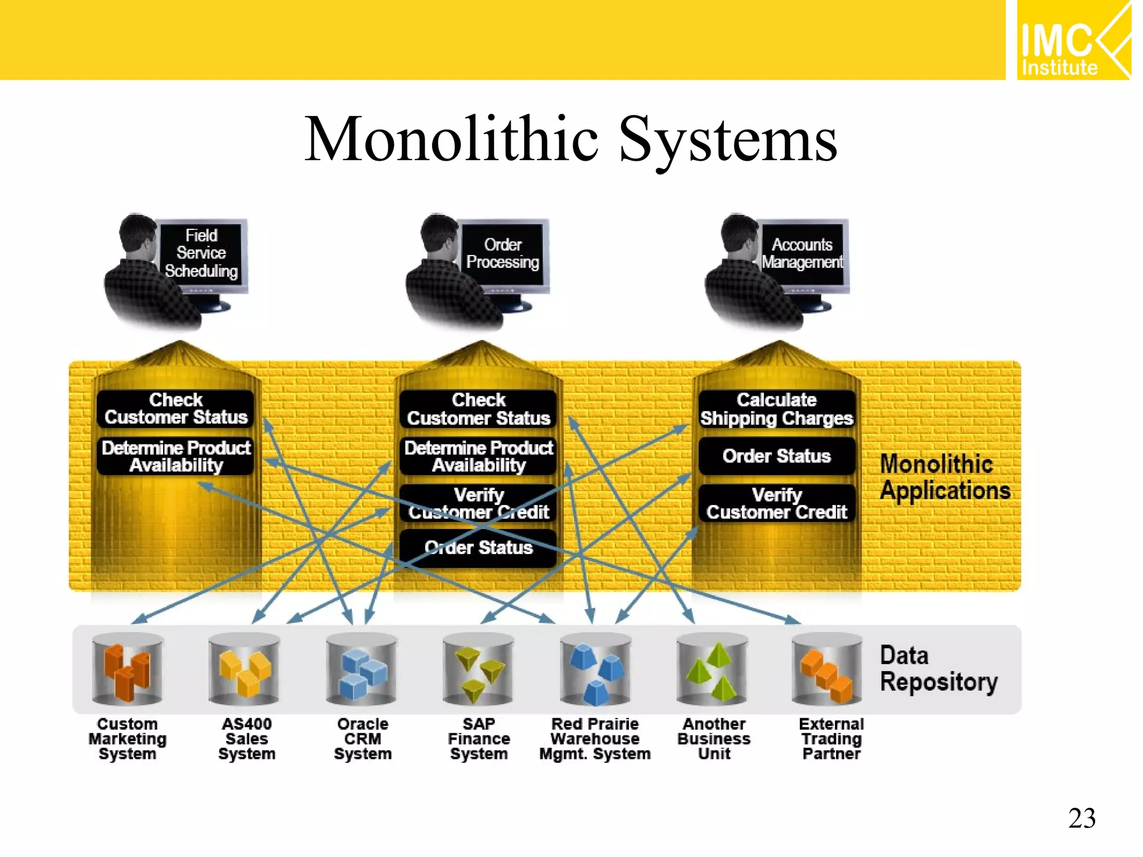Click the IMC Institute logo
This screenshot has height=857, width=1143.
[x=1073, y=40]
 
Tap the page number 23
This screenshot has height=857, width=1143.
[x=1082, y=819]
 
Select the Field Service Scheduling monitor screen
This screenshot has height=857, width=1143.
[x=201, y=253]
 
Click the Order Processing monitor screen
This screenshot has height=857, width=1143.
[x=502, y=253]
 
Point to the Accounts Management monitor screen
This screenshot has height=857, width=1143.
[x=802, y=253]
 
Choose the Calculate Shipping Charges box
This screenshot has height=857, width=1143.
[x=776, y=409]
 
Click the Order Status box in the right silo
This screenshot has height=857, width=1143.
[x=776, y=456]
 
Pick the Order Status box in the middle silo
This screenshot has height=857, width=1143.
[x=478, y=548]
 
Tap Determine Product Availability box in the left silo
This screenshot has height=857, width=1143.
[x=176, y=456]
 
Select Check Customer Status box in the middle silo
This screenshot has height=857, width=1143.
[x=478, y=409]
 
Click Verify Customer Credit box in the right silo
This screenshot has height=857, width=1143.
[x=776, y=503]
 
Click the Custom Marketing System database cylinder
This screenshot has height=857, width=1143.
[x=127, y=668]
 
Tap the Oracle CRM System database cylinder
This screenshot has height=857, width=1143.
[x=362, y=668]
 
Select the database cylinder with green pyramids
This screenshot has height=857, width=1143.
[x=712, y=668]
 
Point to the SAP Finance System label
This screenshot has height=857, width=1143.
[x=479, y=739]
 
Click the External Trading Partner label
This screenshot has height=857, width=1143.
[x=831, y=739]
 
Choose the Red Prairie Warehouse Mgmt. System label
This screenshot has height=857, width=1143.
[x=595, y=739]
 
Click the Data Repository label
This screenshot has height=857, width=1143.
[x=938, y=668]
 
